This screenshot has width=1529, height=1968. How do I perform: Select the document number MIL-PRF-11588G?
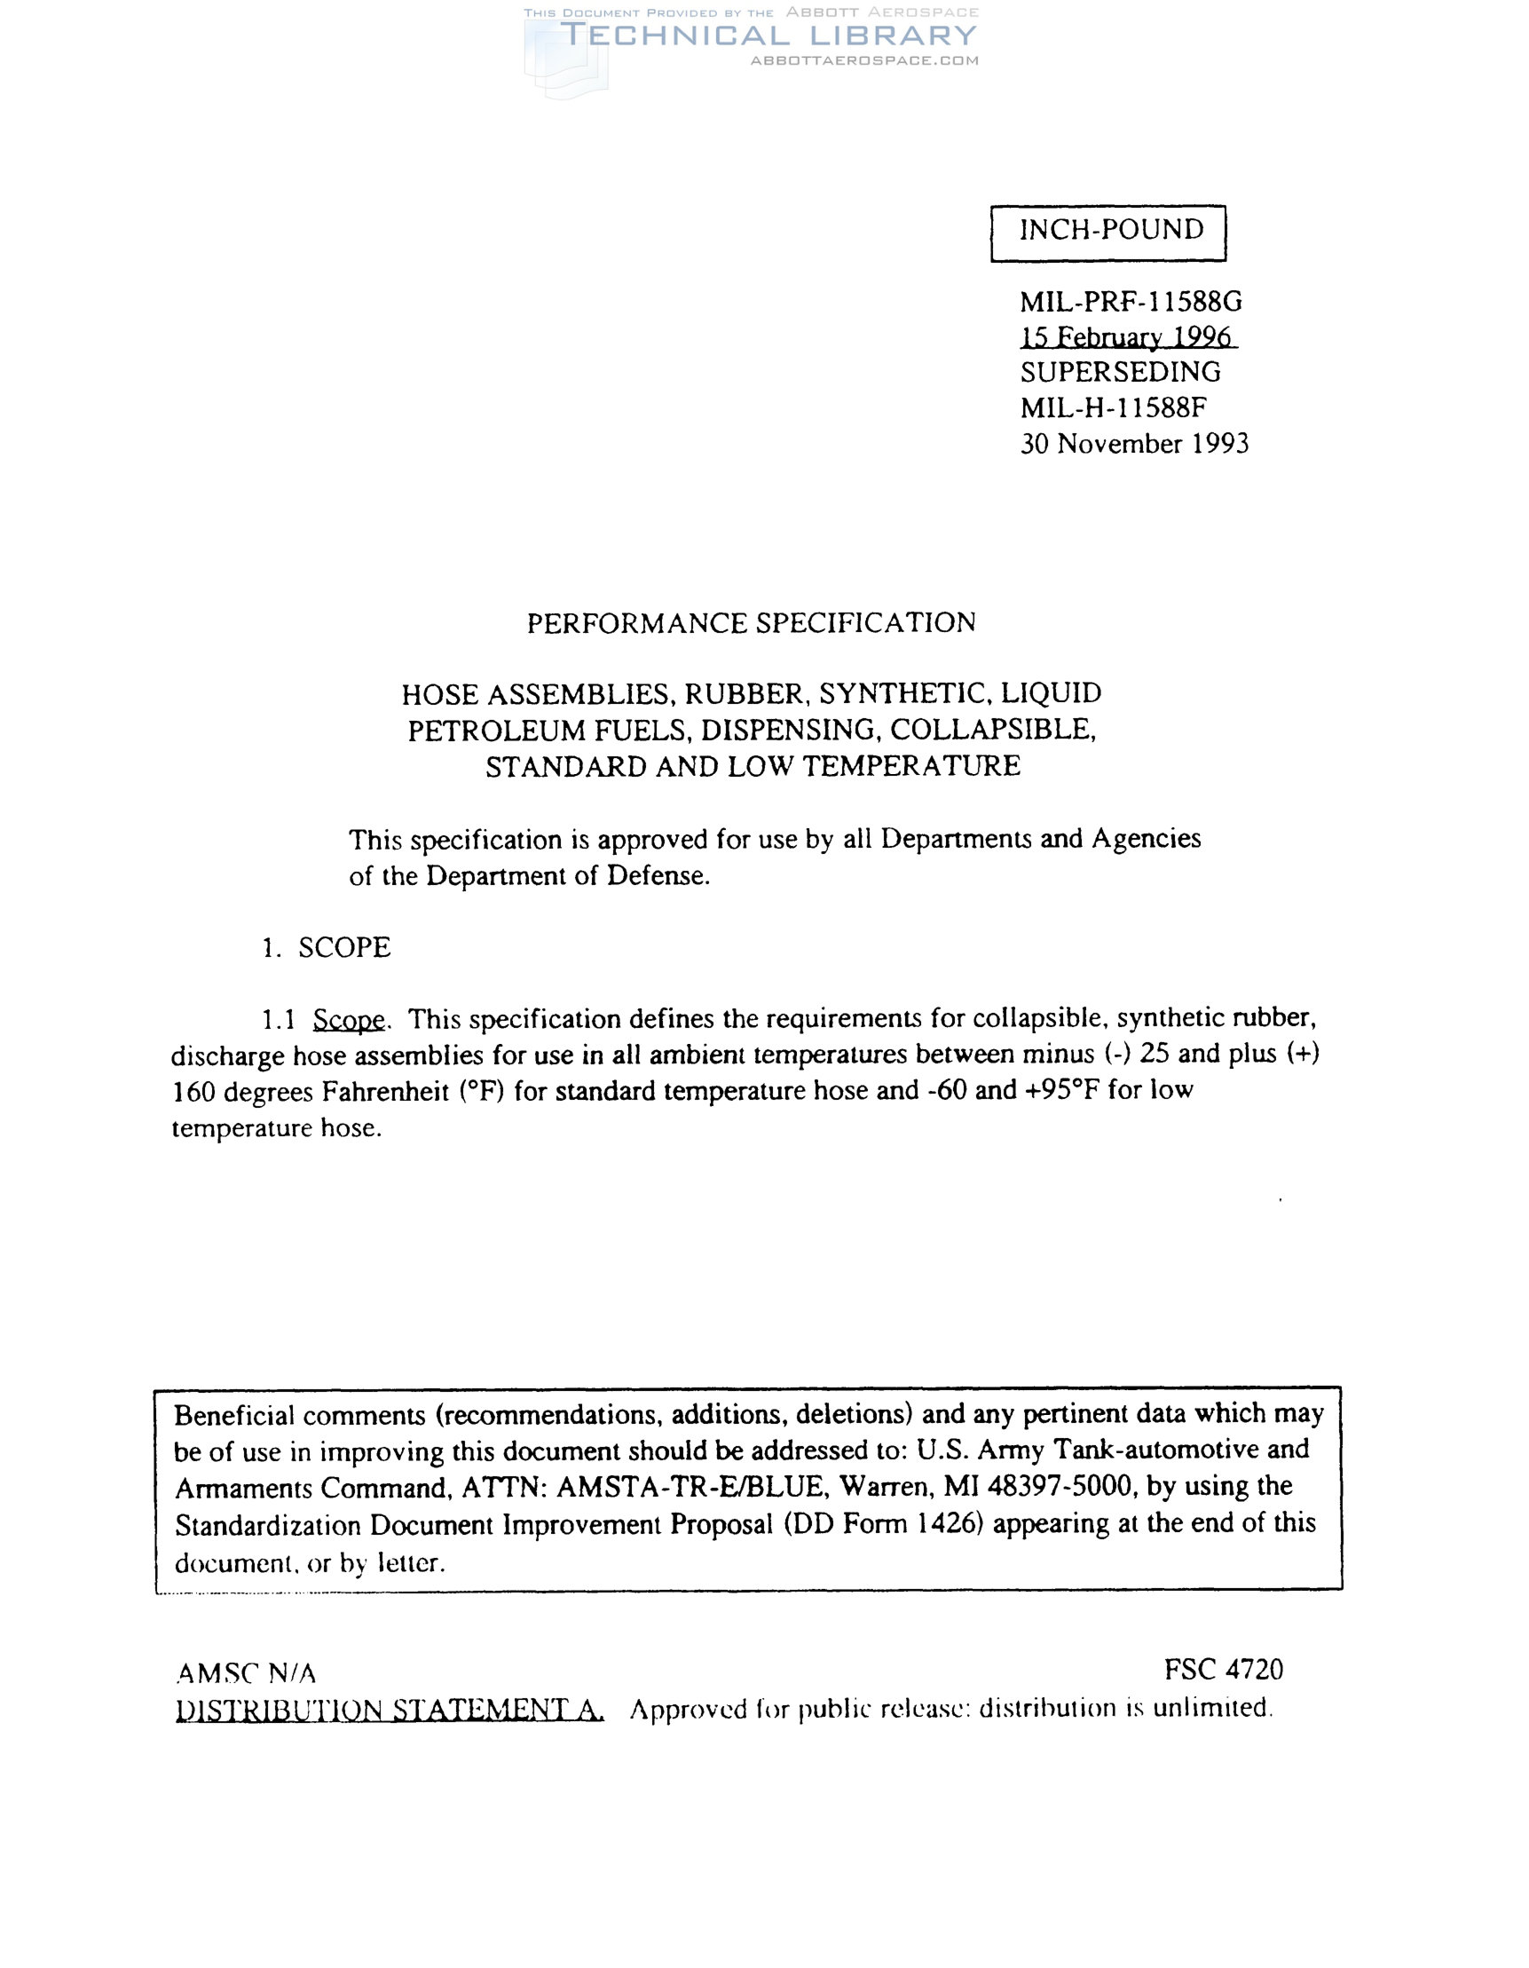pos(1130,301)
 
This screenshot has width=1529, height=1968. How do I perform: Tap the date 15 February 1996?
pos(1126,337)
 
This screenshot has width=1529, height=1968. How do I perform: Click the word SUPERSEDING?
pos(1120,372)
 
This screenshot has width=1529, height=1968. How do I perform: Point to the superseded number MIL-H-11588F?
pos(1113,408)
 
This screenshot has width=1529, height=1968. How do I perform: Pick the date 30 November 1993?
pos(1133,444)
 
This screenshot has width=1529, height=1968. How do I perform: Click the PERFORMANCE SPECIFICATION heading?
pos(751,623)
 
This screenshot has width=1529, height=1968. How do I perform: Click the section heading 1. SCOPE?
pos(327,948)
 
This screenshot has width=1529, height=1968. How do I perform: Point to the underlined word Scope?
pos(349,1020)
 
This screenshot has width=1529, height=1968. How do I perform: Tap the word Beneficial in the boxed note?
pos(234,1416)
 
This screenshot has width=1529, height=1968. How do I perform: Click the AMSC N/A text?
pos(246,1673)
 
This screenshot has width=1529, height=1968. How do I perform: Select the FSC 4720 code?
pos(1223,1670)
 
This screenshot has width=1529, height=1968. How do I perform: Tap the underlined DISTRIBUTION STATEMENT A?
pos(390,1710)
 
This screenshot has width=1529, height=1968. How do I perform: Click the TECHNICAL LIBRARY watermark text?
pos(768,36)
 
